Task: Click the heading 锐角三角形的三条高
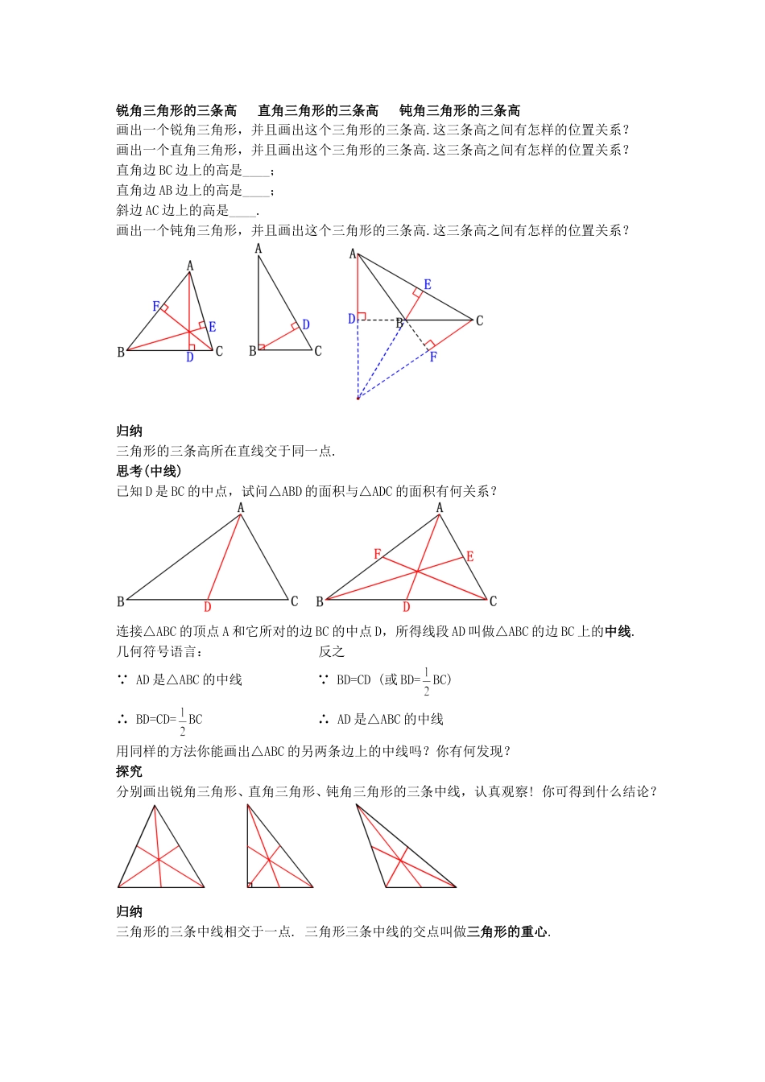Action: (x=176, y=110)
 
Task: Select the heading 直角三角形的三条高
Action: (x=318, y=110)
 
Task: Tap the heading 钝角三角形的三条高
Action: (x=460, y=110)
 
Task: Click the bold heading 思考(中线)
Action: (x=149, y=471)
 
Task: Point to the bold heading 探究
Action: (x=129, y=771)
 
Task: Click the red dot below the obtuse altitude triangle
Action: (x=358, y=398)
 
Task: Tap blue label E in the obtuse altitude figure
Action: (x=428, y=285)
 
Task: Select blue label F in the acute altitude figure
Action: (x=156, y=307)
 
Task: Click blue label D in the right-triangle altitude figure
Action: (x=306, y=325)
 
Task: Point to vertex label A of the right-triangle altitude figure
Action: (x=258, y=249)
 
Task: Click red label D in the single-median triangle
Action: (x=207, y=607)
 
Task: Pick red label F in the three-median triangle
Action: (x=377, y=555)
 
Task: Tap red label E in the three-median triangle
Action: (x=470, y=556)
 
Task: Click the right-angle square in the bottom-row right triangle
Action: (x=250, y=885)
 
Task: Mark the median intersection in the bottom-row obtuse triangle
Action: (x=399, y=861)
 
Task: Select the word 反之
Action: (x=331, y=651)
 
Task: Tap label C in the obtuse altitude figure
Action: (x=480, y=320)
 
